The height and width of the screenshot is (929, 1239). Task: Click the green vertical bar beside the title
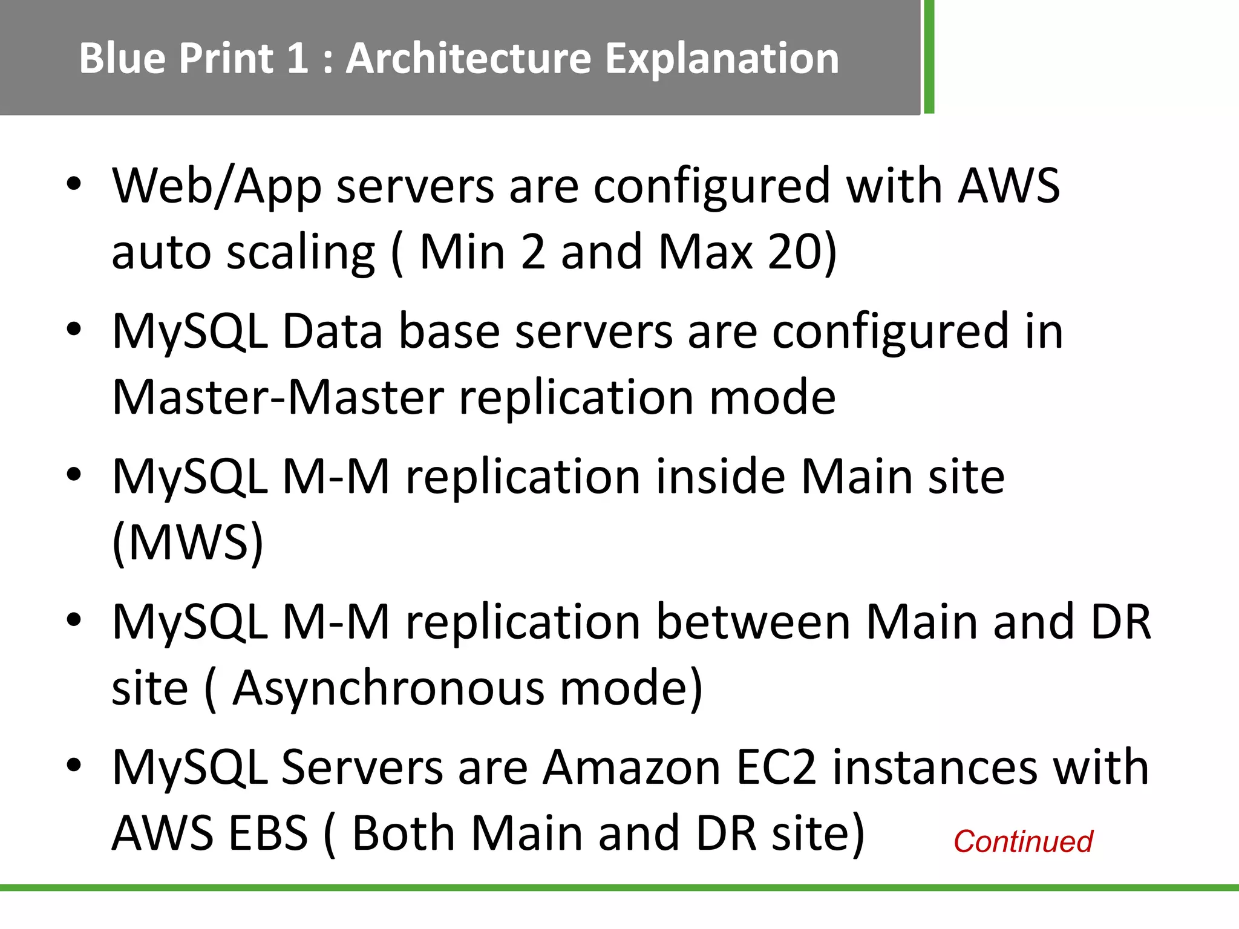929,57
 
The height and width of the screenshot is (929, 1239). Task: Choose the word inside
720,477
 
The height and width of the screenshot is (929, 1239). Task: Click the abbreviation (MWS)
188,543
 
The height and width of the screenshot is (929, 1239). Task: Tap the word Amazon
632,768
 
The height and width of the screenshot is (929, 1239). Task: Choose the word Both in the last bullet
404,833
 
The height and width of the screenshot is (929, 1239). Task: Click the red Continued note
1023,841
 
